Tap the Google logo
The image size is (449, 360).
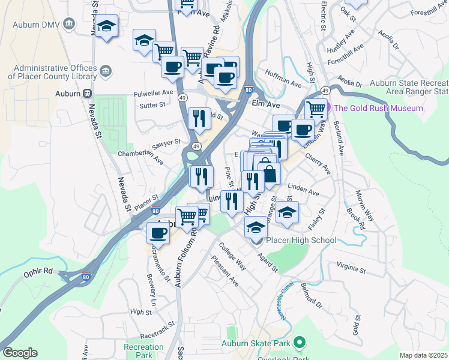click(x=19, y=353)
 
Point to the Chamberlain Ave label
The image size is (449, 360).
click(x=140, y=157)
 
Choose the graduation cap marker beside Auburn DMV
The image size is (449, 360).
click(x=107, y=27)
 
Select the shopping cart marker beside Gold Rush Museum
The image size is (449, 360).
click(x=316, y=110)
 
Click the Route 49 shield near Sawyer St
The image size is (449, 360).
click(x=196, y=146)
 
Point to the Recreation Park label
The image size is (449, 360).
click(x=143, y=351)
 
